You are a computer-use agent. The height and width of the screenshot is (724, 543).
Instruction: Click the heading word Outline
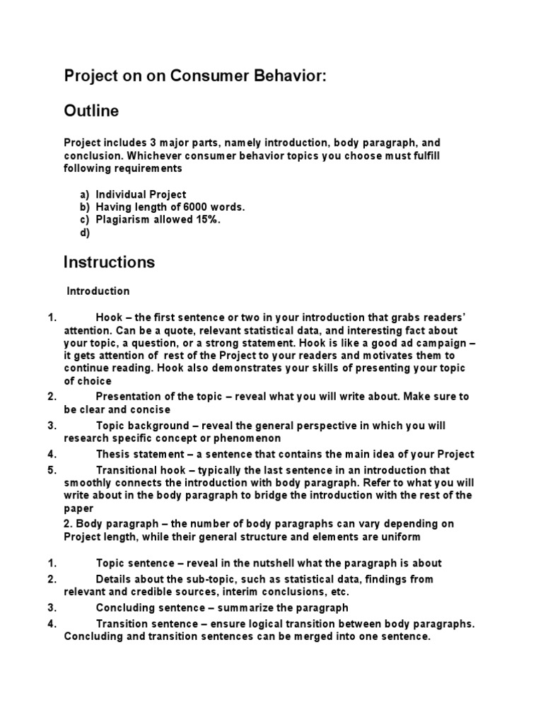pos(91,111)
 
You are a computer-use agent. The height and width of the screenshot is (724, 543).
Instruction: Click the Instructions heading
pos(109,262)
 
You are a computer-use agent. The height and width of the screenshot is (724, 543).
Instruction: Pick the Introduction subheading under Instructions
pos(98,291)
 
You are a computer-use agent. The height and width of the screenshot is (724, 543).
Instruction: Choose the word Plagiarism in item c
pos(124,220)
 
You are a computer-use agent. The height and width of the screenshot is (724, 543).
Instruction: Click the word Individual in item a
pos(122,194)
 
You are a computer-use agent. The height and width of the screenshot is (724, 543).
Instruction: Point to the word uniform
pos(401,537)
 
